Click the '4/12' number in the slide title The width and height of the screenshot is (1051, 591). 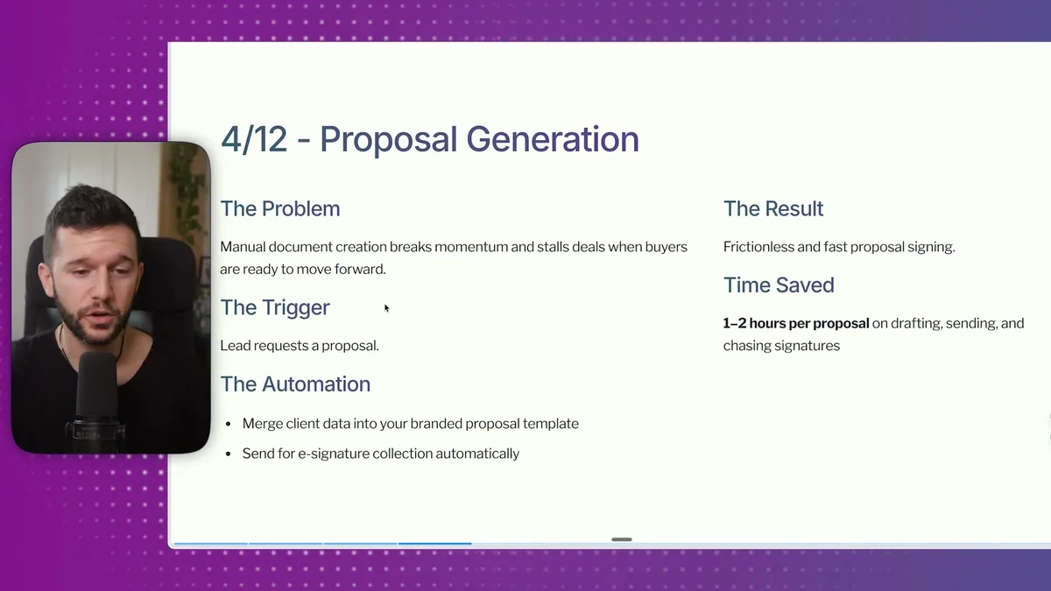(x=254, y=140)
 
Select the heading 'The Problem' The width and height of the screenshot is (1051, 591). (x=280, y=208)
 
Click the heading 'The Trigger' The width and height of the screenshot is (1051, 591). (x=275, y=307)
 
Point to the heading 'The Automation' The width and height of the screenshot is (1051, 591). (x=295, y=383)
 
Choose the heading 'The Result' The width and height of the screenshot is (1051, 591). (x=773, y=208)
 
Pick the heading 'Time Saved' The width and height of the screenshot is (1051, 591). (x=779, y=285)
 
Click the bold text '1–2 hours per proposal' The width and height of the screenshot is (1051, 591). (x=796, y=323)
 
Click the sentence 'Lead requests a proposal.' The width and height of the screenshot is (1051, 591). (x=300, y=346)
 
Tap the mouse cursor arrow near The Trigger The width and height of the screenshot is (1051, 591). (x=386, y=307)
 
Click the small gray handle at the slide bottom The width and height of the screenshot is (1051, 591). (x=622, y=539)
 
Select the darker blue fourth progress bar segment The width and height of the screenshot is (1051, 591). (x=435, y=544)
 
